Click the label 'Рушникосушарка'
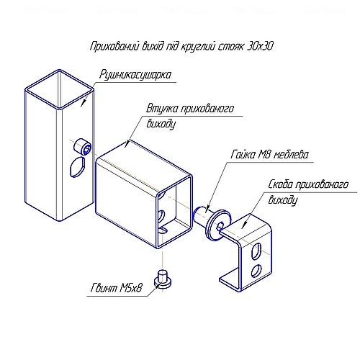(135, 75)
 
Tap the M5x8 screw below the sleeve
(163, 279)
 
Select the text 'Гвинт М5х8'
(117, 288)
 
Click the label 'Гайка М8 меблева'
(269, 155)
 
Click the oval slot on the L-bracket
(256, 251)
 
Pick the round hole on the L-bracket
(256, 271)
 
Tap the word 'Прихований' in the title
(114, 47)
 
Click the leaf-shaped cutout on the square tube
(77, 167)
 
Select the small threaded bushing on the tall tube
(82, 147)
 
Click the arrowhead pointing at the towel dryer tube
(84, 102)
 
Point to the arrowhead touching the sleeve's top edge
(127, 144)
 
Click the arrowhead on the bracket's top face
(245, 225)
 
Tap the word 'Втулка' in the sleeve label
(162, 109)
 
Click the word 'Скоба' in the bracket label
(280, 184)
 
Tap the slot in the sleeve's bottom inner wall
(163, 230)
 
